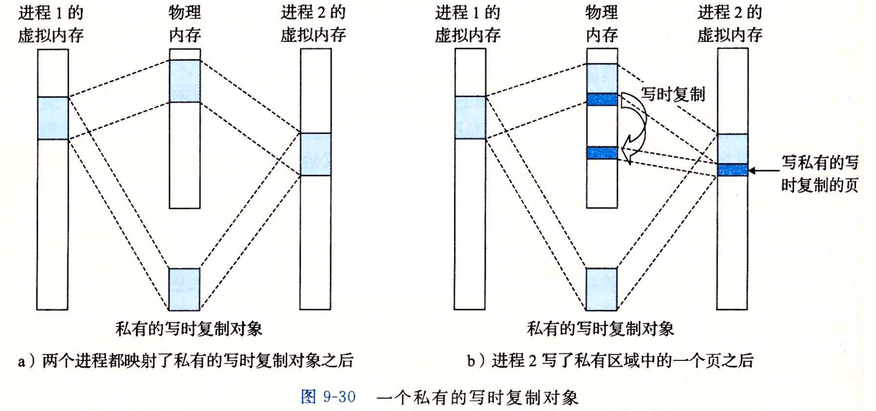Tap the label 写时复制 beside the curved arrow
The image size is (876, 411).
673,94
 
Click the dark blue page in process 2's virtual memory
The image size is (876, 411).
732,170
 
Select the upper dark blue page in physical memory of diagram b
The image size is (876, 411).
602,99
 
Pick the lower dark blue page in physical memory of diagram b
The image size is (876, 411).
602,153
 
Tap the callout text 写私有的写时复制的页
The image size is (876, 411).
819,174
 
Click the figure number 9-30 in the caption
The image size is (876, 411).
339,397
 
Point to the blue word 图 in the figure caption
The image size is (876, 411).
309,397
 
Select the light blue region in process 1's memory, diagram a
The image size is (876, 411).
52,118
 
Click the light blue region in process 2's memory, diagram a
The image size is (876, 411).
315,154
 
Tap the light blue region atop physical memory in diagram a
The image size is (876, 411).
185,81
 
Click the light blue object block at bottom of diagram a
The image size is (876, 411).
184,289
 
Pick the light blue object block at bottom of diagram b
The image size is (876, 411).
601,289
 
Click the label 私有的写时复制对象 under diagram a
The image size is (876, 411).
189,329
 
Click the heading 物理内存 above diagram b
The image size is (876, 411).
602,23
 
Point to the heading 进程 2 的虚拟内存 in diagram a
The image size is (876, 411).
313,23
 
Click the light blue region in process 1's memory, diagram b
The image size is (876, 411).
470,118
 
